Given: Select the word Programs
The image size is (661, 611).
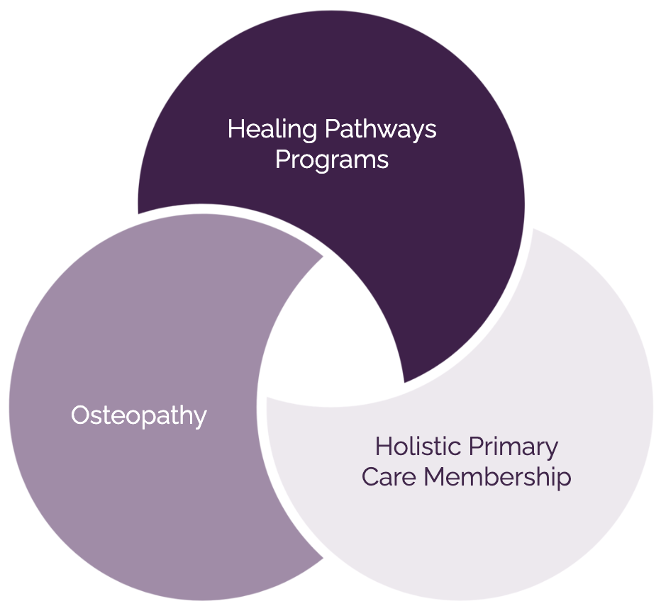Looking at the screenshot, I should coord(332,160).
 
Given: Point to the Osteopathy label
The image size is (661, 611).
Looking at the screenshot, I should coord(139,415).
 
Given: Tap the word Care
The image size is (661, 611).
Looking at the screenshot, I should coord(389,477).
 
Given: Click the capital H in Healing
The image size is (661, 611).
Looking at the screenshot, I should coord(235,130).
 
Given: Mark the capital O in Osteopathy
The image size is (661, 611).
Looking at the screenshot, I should coord(80,415).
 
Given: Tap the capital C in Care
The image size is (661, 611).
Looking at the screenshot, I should coord(370,477).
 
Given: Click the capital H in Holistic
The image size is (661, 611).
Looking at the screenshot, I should coord(382,447).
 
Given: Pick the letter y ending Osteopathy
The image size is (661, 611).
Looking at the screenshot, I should coord(200,419).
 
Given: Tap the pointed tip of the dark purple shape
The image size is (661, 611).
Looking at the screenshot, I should coord(404,382).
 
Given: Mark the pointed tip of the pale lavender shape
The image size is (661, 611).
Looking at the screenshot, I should coord(268,400).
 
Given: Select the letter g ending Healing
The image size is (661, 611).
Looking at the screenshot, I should coord(309,133).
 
